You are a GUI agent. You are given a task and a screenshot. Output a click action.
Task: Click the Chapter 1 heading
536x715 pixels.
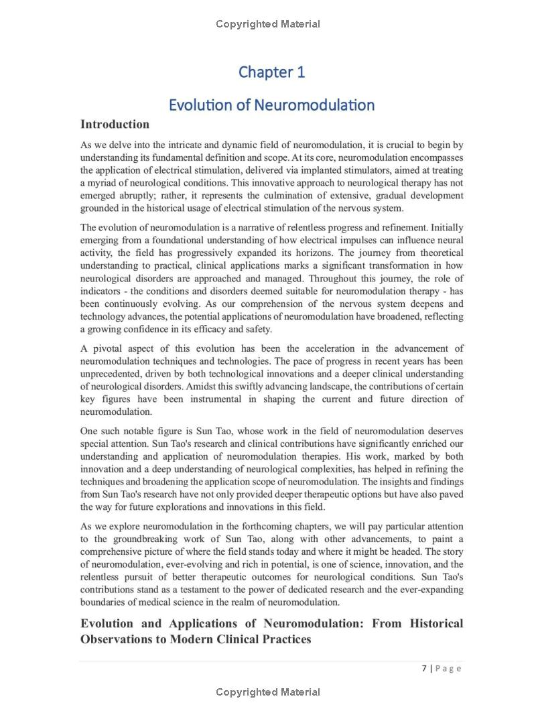click(x=271, y=72)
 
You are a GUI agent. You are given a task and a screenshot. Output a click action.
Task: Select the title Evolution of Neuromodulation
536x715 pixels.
click(x=271, y=105)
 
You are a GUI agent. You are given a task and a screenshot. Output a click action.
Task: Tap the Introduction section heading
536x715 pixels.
click(x=115, y=124)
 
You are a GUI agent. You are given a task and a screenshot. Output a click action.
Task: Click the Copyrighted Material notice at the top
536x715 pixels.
click(x=268, y=24)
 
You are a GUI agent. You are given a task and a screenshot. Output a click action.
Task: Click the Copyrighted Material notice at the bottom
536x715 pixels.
click(x=268, y=692)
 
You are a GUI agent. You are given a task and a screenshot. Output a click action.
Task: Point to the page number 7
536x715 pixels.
click(x=425, y=668)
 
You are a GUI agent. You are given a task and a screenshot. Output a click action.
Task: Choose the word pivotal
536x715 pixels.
click(x=112, y=348)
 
